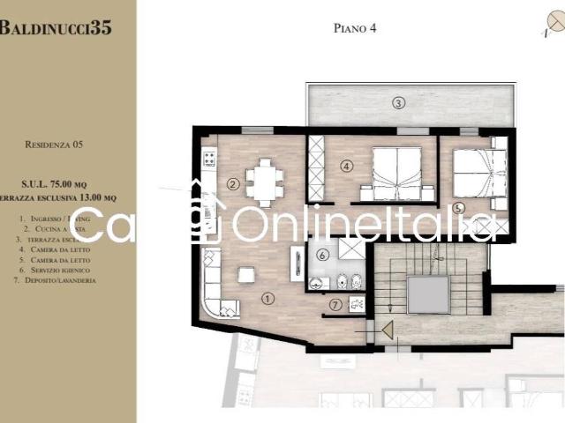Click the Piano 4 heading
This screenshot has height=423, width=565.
pos(355,28)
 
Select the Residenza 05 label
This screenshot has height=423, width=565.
pos(55,143)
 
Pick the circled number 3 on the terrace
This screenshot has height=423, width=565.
pos(399,104)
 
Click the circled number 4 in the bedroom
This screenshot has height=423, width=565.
pos(347,165)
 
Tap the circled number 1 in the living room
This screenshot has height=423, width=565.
pos(268,298)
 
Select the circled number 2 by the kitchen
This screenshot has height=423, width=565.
pos(232,184)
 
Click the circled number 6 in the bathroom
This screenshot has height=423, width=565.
pos(323,256)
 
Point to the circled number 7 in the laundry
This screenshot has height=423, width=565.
pos(335,305)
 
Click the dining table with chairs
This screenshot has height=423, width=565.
pos(265,182)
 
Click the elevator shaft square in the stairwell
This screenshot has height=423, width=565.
pos(428,293)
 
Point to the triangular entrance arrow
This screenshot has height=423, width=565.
pos(386,330)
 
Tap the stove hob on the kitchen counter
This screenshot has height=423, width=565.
pos(210,160)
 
